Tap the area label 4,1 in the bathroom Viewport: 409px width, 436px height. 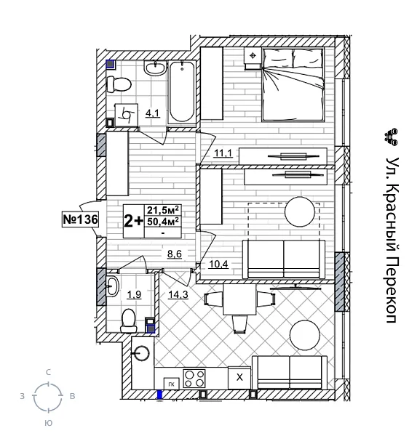click(153, 113)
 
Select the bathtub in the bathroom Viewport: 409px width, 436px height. click(181, 93)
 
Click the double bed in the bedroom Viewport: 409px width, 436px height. click(290, 81)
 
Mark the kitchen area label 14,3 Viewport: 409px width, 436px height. click(178, 294)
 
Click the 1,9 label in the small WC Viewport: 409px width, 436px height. click(134, 294)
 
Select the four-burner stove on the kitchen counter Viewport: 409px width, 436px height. click(194, 378)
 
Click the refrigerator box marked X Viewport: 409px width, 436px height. click(239, 378)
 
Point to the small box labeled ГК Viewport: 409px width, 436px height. click(170, 383)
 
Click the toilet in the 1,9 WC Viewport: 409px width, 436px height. click(130, 318)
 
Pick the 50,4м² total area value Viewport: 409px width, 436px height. click(163, 222)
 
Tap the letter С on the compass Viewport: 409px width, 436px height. click(48, 371)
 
